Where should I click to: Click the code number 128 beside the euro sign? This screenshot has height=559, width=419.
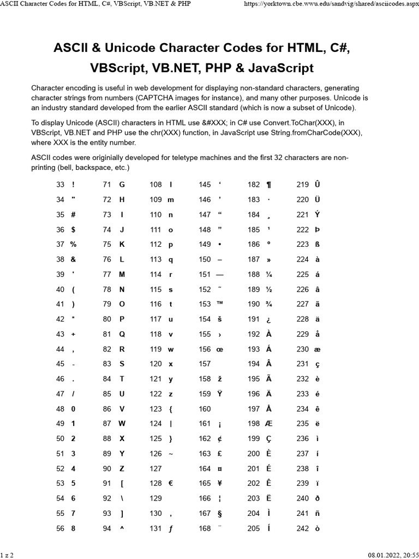155,483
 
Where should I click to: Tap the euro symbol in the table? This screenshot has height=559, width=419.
171,483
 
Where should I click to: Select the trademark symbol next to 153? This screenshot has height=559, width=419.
220,304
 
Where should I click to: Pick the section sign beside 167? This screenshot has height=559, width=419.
220,513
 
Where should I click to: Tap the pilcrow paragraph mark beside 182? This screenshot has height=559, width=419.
268,185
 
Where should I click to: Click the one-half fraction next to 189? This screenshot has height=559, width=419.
268,289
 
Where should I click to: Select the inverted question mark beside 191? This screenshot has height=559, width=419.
268,319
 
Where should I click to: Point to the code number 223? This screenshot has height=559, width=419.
302,244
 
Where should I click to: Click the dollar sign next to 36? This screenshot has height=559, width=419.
73,229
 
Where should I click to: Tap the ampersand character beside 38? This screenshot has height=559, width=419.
73,259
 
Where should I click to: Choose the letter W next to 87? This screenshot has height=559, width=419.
122,423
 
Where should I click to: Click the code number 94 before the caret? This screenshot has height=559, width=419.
107,528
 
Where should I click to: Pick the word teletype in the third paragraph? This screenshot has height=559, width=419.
186,157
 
